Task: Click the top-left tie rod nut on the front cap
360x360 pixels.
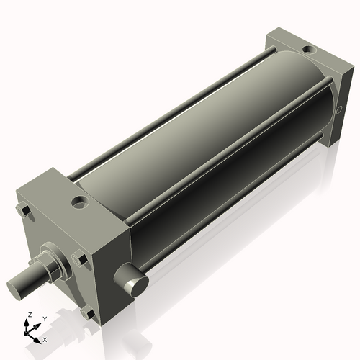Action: tap(22, 210)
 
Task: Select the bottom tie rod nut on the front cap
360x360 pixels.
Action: tap(88, 312)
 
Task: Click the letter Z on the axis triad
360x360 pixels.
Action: tap(29, 315)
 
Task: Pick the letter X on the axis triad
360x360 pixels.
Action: tap(45, 338)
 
